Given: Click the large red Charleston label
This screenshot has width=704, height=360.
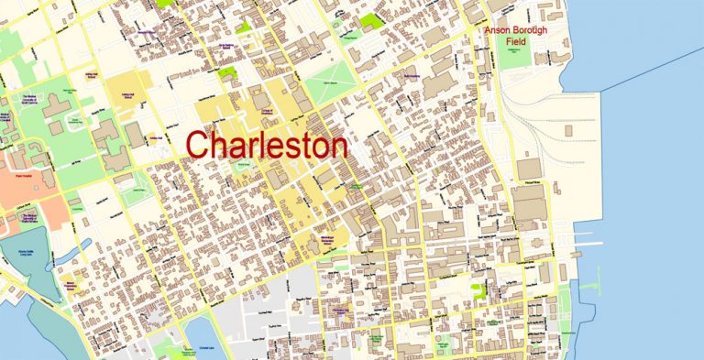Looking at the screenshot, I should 267,146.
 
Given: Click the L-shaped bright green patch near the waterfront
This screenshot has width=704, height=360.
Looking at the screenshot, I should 478,292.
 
